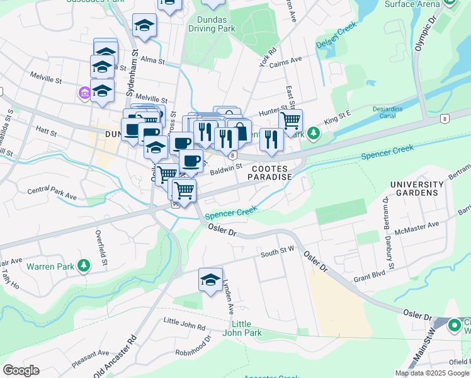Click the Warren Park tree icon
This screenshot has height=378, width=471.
[x=83, y=266]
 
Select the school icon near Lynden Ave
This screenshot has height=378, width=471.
[x=210, y=280]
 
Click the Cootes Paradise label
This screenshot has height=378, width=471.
[x=272, y=173]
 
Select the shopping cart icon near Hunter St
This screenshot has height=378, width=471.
[x=290, y=120]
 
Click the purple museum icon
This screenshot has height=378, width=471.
[x=84, y=94]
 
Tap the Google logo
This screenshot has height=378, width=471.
[x=21, y=370]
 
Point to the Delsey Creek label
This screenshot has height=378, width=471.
[x=337, y=38]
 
